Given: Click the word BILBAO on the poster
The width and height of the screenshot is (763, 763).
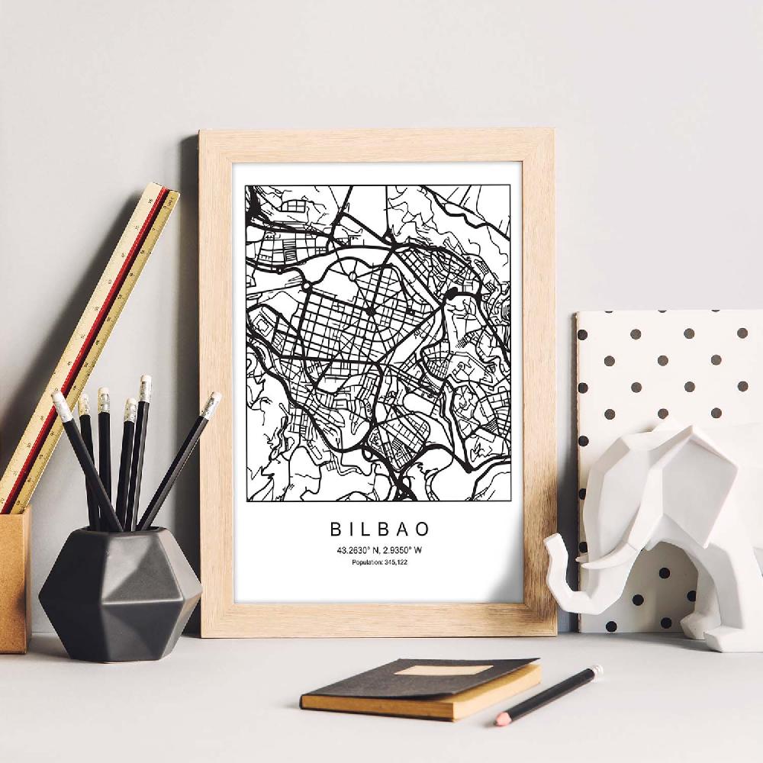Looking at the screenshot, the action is [379, 528].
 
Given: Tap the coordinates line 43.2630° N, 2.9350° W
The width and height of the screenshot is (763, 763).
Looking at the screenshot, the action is [379, 551].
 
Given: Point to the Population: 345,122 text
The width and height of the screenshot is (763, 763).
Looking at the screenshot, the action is [379, 564].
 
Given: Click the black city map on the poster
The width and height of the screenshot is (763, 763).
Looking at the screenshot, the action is [379, 343].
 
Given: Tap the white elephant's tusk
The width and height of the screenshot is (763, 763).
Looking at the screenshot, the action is [603, 561].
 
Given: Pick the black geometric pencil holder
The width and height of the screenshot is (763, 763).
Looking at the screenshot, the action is [118, 591].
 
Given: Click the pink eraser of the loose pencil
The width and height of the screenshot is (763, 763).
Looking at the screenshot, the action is [501, 720].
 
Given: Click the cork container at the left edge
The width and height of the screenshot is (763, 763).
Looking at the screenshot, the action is [14, 580].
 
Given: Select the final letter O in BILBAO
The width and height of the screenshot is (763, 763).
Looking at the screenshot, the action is [423, 528].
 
